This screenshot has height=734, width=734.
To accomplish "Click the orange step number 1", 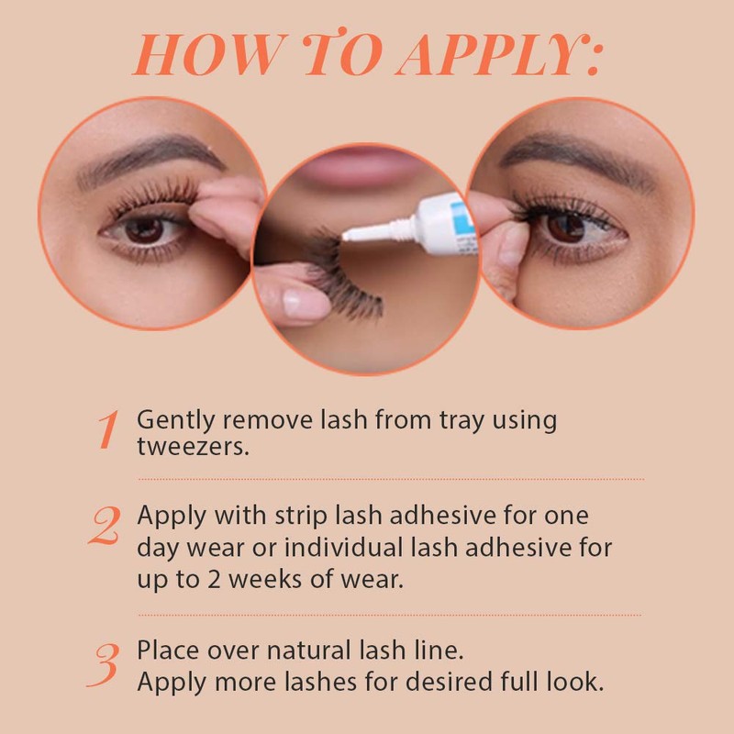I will [x=108, y=430].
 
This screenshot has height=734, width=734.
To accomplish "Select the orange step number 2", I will [x=106, y=526].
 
